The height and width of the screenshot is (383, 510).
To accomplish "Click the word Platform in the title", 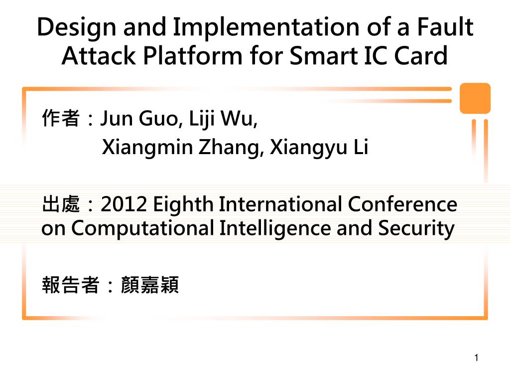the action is [x=193, y=55].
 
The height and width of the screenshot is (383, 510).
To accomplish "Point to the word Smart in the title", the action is [x=324, y=55].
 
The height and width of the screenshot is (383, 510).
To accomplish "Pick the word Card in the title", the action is [x=421, y=55].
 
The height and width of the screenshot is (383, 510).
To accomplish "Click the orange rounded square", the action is [x=475, y=98].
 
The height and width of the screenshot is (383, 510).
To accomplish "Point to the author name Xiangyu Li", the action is [x=319, y=148].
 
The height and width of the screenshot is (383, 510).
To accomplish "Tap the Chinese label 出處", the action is [x=61, y=204].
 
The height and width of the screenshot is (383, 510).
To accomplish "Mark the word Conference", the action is [x=402, y=204].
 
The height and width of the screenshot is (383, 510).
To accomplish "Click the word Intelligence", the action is [x=275, y=228].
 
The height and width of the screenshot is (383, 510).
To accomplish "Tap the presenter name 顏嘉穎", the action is [x=149, y=285].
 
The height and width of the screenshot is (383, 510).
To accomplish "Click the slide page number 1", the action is [x=476, y=358].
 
